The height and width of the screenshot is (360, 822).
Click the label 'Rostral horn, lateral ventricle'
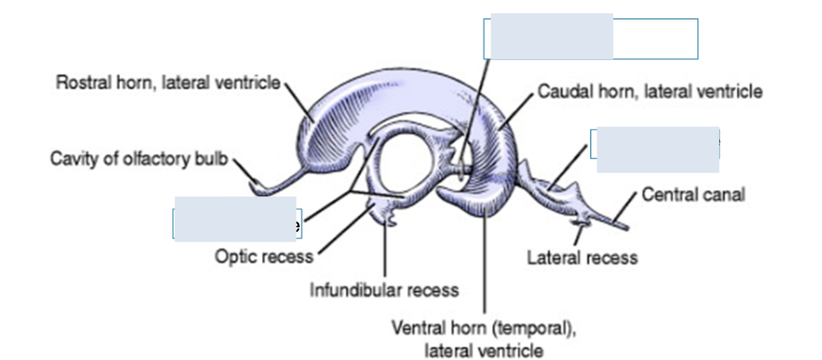coord(167,82)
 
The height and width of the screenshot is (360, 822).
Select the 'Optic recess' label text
coord(263,257)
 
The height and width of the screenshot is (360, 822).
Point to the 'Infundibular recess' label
coord(384,289)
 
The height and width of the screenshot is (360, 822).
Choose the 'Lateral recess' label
coord(582,258)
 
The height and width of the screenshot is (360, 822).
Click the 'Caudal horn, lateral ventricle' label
coord(649,92)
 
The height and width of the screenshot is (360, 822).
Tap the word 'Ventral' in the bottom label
coord(417,330)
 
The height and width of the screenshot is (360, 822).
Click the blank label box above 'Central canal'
coord(657,149)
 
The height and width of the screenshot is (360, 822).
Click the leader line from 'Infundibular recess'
coord(385,251)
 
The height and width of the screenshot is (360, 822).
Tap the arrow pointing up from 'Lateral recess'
coord(579,234)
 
